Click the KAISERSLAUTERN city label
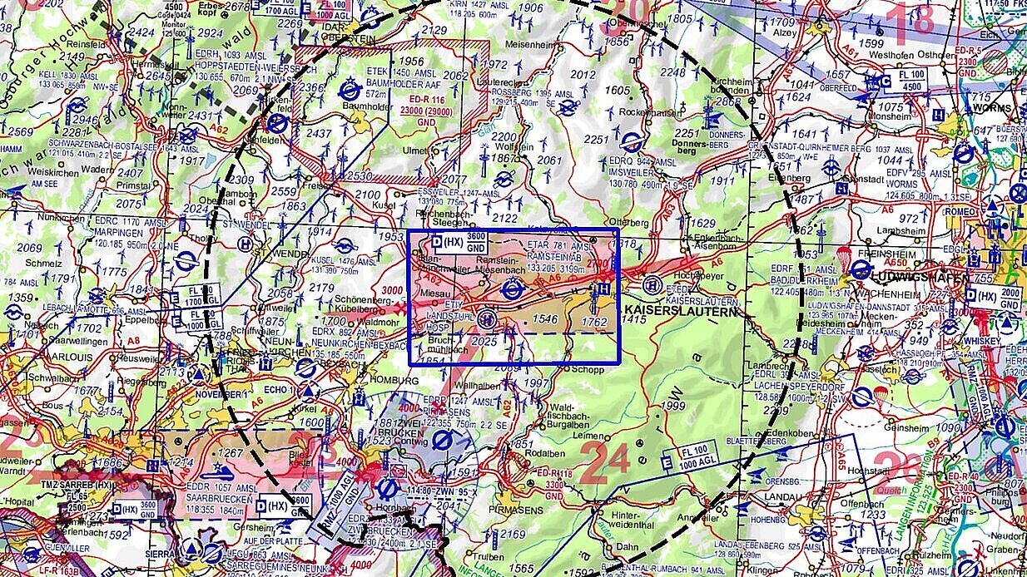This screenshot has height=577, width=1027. point(681,312)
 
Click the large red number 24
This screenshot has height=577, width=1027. point(603,461)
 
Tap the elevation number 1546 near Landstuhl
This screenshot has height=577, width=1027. point(545,319)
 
